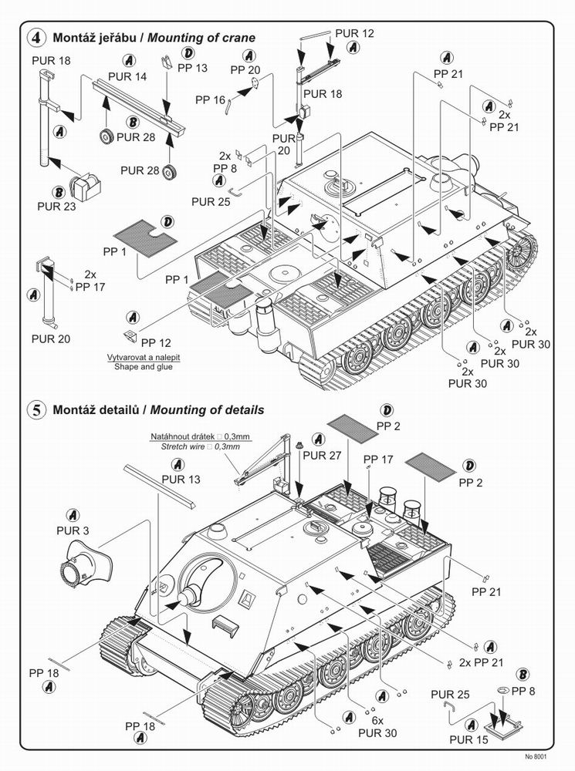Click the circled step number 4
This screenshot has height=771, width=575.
(35, 36)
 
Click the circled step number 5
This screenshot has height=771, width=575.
(35, 410)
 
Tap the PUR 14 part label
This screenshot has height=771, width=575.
(127, 76)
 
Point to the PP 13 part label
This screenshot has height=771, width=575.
(192, 68)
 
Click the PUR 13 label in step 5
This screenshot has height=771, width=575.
(181, 480)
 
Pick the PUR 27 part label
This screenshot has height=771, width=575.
(322, 455)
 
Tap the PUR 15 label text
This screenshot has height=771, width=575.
(449, 738)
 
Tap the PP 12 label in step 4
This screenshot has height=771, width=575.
(157, 342)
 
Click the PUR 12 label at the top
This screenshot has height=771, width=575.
(355, 33)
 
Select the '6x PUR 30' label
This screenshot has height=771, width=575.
(377, 726)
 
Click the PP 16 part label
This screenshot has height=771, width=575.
(210, 99)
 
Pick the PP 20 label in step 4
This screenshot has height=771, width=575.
(245, 69)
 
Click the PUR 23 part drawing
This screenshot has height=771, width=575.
(85, 184)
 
